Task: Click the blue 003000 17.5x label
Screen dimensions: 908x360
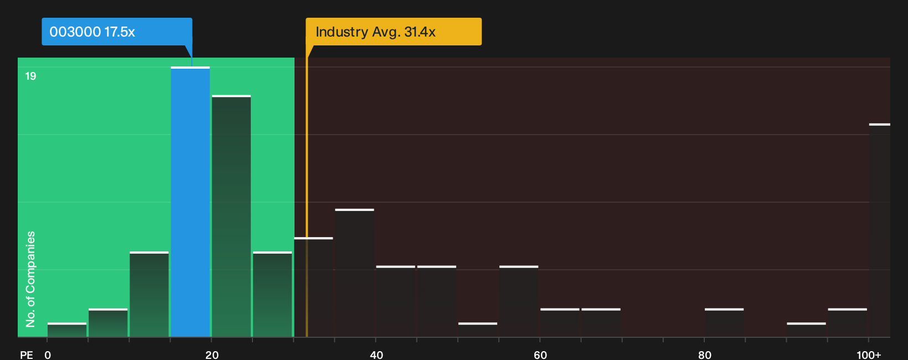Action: click(117, 32)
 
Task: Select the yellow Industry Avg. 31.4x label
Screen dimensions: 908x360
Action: click(394, 32)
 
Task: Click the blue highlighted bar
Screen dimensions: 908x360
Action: click(190, 202)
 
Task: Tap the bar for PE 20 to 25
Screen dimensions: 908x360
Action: click(231, 215)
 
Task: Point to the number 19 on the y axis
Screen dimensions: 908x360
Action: click(30, 76)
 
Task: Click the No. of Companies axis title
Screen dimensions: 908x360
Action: click(30, 279)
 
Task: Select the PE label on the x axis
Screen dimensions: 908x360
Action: click(27, 355)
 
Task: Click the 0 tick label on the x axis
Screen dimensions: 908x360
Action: click(48, 355)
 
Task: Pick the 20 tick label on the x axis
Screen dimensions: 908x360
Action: click(212, 355)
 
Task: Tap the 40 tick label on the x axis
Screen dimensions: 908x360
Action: click(376, 355)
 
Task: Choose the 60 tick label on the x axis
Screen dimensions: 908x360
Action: click(540, 355)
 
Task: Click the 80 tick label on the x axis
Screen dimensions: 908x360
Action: click(705, 355)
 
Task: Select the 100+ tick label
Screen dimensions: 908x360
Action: click(869, 355)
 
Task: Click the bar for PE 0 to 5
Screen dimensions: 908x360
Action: click(67, 330)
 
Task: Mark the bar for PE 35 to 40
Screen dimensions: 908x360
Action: click(354, 273)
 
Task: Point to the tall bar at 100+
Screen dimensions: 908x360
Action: click(880, 230)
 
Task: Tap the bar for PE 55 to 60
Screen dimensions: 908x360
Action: click(519, 301)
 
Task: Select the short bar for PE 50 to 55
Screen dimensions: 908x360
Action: click(477, 330)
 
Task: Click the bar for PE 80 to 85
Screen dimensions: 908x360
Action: click(724, 323)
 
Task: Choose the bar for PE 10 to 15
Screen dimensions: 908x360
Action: click(149, 294)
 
